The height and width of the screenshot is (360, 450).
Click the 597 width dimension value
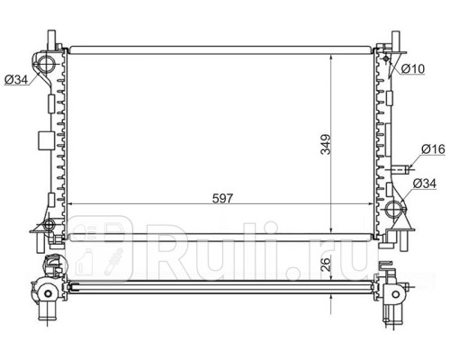pos(222,198)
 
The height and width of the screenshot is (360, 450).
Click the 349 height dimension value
pos(326,144)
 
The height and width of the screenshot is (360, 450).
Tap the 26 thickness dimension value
pos(326,264)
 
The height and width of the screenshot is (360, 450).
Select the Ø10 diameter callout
pos(413,69)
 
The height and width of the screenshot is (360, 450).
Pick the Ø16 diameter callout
pos(433,149)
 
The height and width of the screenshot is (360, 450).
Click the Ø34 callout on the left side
pos(16,79)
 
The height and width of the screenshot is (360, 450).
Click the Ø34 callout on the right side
pos(424,184)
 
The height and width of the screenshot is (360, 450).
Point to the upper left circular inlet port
pos(46,63)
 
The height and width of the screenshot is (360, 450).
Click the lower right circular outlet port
pos(394,209)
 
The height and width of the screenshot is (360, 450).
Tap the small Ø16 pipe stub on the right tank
pos(400,169)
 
